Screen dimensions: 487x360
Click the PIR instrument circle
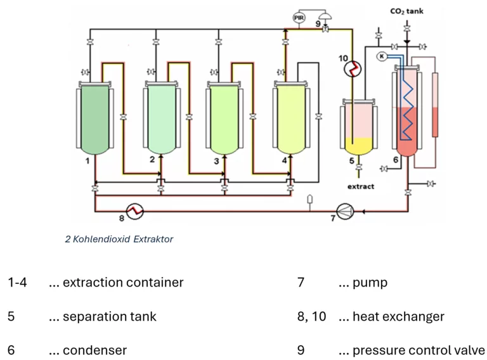[x=299, y=18]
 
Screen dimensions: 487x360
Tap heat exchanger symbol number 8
[x=134, y=211]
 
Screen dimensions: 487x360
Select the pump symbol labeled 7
[x=345, y=211]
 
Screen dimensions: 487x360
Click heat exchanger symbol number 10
[x=353, y=69]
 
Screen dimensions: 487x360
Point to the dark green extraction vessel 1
[x=94, y=120]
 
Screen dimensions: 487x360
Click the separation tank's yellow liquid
[x=359, y=146]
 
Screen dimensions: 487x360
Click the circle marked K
[x=382, y=56]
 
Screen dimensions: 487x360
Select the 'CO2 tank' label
[x=406, y=11]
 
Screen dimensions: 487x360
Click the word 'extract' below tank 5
[x=361, y=186]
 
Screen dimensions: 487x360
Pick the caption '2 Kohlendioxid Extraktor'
[x=119, y=239]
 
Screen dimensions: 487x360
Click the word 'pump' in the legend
[x=370, y=283]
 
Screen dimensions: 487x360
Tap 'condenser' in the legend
[x=94, y=350]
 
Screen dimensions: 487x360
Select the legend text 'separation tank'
[x=109, y=316]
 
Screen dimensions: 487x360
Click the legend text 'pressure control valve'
[x=419, y=350]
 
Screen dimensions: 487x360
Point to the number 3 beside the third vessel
[x=216, y=161]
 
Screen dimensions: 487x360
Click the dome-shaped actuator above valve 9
[x=325, y=15]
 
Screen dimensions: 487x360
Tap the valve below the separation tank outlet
[x=359, y=167]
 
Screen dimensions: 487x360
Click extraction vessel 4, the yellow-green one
[x=290, y=120]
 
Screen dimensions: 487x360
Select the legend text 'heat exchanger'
[x=398, y=316]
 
